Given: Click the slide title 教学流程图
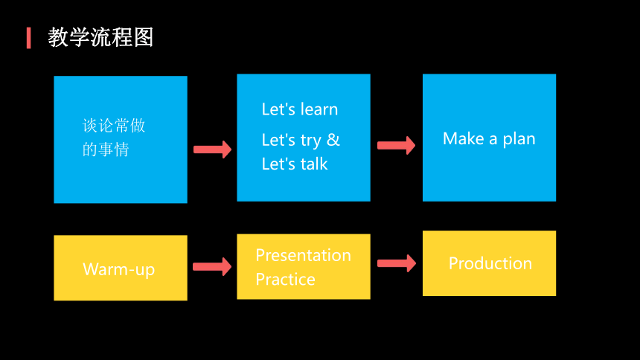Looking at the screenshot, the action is click(100, 37).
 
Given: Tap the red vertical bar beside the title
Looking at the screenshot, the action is click(28, 38).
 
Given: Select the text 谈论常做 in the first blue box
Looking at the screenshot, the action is click(114, 126).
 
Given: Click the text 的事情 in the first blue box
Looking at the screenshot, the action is click(106, 150).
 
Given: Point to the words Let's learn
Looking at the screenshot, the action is click(300, 109).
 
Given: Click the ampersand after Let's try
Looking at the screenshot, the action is click(333, 140).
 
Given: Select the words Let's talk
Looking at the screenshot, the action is click(294, 164).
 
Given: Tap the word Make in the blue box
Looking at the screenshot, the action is click(464, 139).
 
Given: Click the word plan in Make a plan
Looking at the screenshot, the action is click(519, 140).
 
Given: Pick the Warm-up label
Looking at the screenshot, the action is click(119, 269).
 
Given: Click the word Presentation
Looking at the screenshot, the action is click(304, 255).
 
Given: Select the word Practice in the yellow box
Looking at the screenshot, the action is click(285, 280).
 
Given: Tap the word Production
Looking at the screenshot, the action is click(490, 263).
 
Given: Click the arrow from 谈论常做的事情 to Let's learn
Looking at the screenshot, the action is click(212, 150).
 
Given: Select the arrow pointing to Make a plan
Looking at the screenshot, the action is click(396, 145).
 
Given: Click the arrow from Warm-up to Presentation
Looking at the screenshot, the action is click(212, 266).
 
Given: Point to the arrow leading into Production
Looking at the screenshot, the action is click(397, 263).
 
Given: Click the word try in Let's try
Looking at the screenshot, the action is click(310, 141).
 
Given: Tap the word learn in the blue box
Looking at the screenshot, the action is click(319, 109).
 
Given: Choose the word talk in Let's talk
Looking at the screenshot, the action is click(314, 164).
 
